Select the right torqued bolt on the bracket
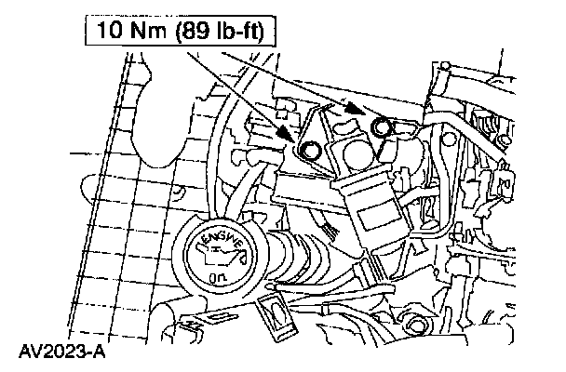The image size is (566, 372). click(x=380, y=126)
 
